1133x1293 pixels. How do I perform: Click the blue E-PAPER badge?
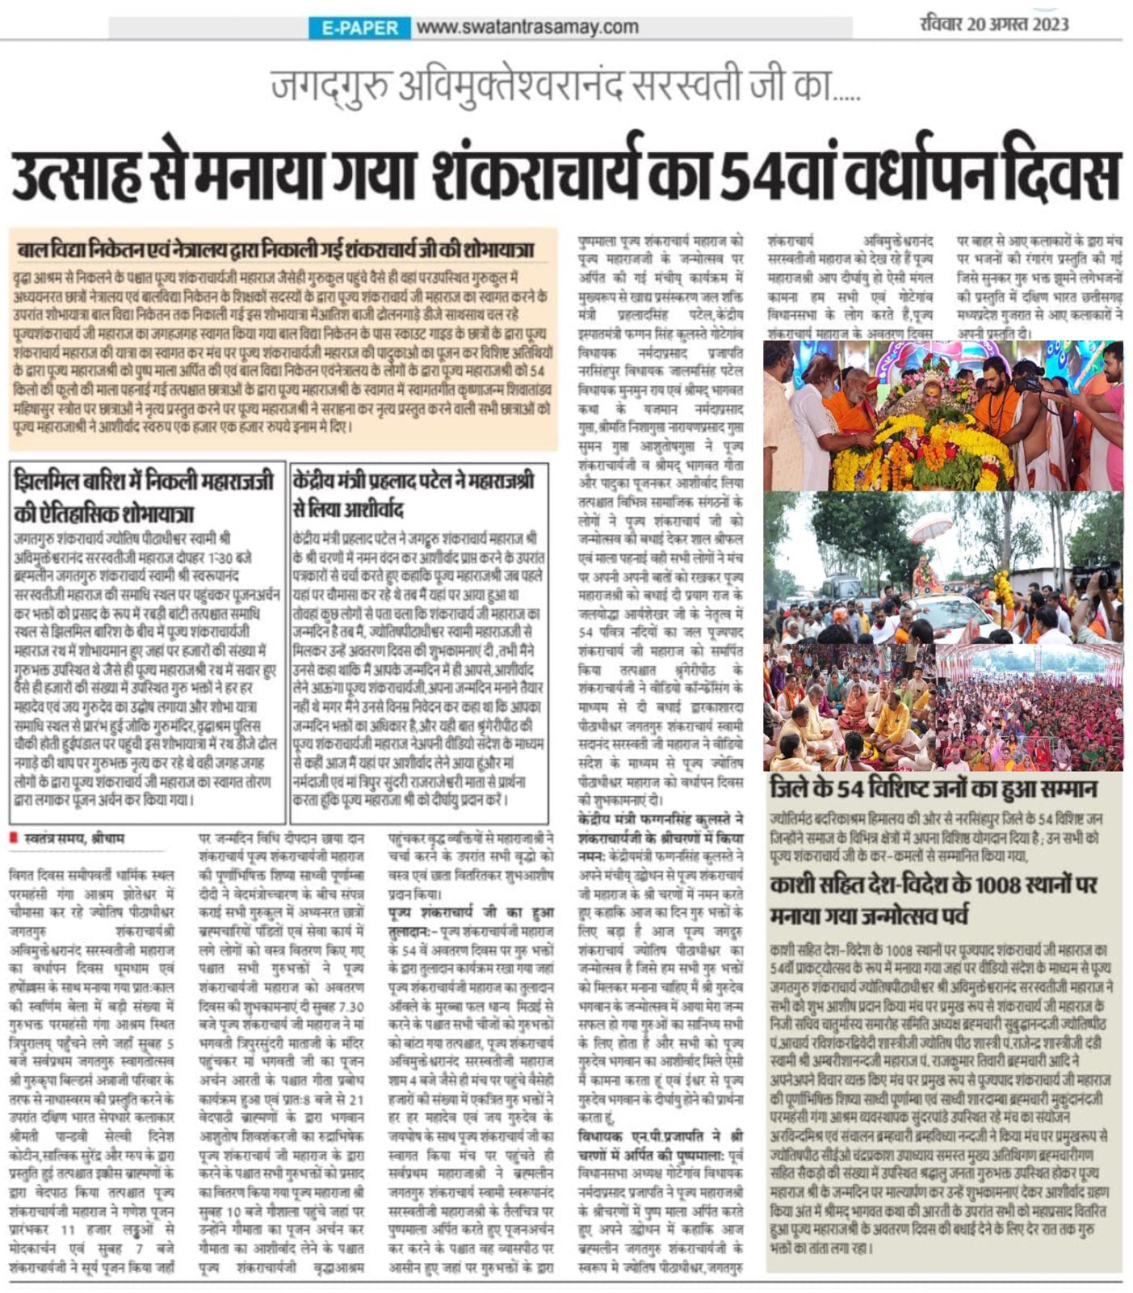coord(359,27)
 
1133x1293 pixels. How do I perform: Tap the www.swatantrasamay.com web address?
coord(527,27)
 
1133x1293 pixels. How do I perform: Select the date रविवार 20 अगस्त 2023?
coord(994,23)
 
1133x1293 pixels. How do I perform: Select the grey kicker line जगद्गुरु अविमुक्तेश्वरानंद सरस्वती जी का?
coord(565,86)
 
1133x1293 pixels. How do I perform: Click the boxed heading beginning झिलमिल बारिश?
coord(145,496)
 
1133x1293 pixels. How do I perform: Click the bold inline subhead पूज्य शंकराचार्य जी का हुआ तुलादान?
coord(471,913)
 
